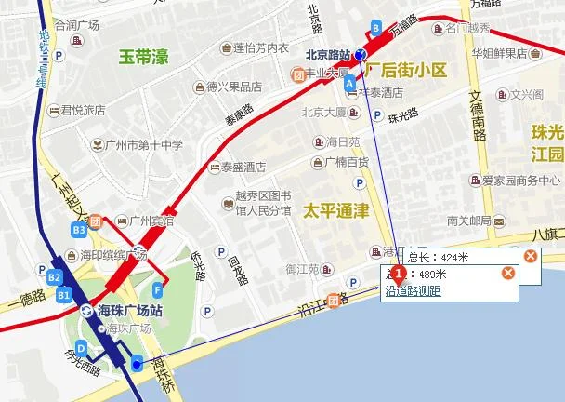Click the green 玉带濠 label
144,58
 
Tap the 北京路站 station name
328,54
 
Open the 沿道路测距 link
413,291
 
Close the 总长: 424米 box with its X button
530,256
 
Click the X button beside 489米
508,273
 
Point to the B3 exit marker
79,229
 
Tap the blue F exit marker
159,287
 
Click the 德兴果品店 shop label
234,87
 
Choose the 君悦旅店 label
83,110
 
